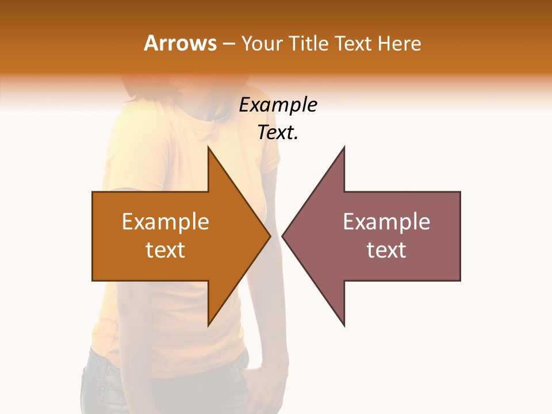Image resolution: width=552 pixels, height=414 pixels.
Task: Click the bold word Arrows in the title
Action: click(x=181, y=43)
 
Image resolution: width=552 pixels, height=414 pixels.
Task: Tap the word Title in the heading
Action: click(x=309, y=43)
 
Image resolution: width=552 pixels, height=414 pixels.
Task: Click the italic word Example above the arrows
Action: click(x=278, y=105)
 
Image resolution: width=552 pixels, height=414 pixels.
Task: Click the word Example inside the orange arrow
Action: click(x=166, y=222)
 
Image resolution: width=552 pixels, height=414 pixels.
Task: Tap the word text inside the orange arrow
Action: click(x=166, y=250)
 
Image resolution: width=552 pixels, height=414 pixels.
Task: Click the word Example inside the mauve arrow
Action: click(x=386, y=222)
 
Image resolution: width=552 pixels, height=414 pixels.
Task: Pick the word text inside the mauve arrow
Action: click(x=386, y=250)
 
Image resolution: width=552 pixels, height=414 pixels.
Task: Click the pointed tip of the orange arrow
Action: click(x=269, y=236)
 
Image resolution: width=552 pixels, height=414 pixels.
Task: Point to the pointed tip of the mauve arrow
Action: click(x=283, y=236)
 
